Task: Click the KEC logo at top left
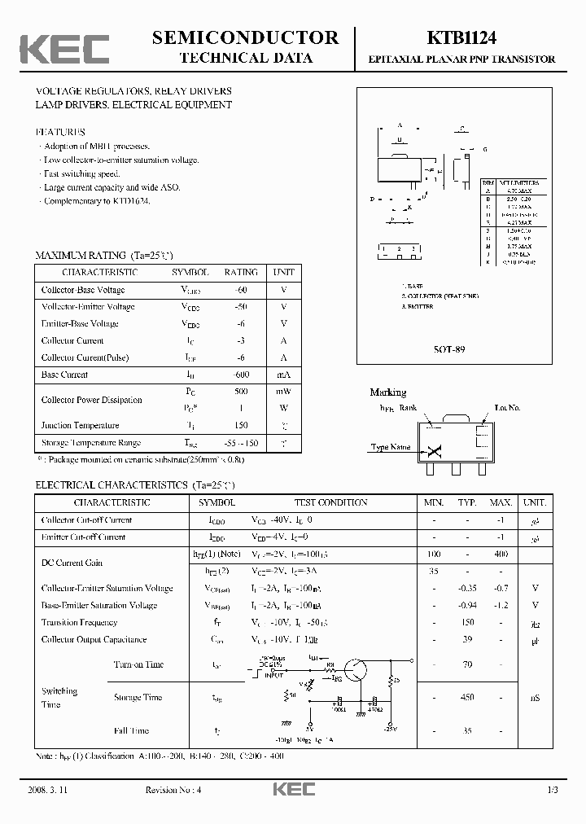(64, 49)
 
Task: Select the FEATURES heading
(60, 131)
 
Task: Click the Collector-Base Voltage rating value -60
(241, 290)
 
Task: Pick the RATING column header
(241, 272)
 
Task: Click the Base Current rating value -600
(241, 375)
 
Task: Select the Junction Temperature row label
(80, 425)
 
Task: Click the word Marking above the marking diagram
(388, 392)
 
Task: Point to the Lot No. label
(507, 407)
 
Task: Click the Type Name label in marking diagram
(391, 447)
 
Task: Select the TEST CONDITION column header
(330, 503)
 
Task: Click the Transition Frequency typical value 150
(467, 622)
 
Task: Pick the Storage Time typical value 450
(467, 697)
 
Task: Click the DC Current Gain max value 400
(501, 554)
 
